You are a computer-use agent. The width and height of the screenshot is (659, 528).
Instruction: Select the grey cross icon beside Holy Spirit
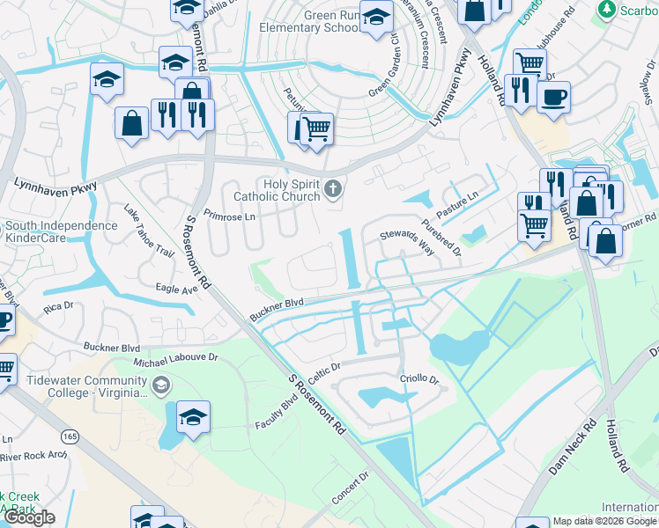333,187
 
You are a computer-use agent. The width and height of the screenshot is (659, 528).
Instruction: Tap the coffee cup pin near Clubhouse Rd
553,96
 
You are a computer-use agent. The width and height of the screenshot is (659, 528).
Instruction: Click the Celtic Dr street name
324,364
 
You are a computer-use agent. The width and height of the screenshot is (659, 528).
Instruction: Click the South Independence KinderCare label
61,231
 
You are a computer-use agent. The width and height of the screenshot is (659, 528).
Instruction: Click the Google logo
29,517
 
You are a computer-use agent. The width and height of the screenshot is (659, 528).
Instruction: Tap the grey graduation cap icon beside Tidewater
161,385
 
